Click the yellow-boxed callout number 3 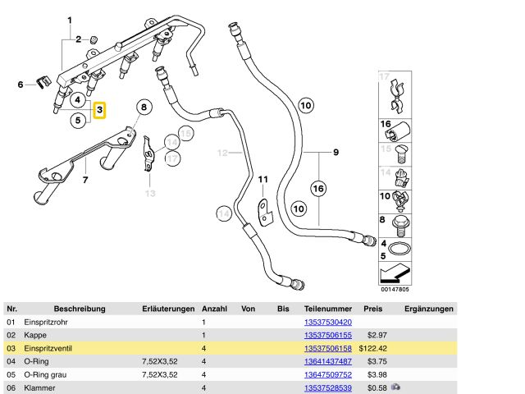[99, 109]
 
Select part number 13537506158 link [327, 348]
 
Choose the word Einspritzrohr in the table [47, 323]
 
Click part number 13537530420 [327, 323]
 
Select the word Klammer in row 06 [40, 387]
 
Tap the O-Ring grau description [46, 374]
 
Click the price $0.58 [377, 387]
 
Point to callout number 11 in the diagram [263, 180]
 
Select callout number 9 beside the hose [335, 152]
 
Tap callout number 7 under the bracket [84, 179]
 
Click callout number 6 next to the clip [21, 84]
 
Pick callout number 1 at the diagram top [70, 20]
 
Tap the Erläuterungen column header [168, 309]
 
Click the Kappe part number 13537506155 [327, 335]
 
